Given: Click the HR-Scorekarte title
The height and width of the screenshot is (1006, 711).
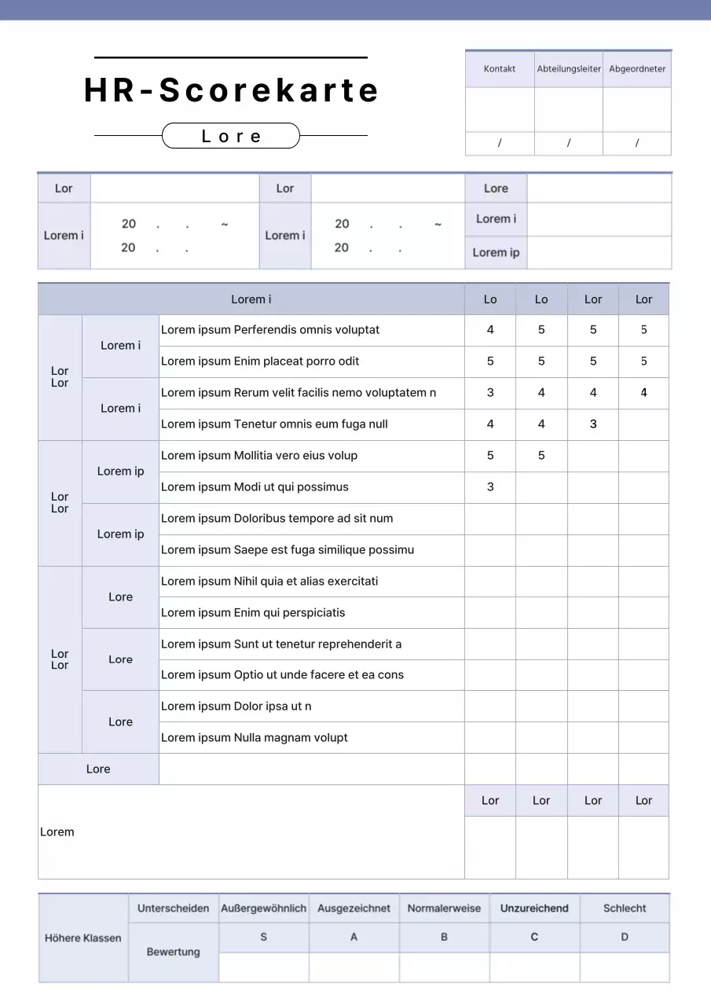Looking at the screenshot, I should click(x=231, y=90).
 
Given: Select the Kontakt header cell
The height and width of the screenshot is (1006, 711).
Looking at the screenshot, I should click(x=500, y=69).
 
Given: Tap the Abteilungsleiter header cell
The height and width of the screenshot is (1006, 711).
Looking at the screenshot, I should click(x=569, y=69).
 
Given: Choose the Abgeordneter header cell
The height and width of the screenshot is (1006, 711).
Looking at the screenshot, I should click(x=637, y=69).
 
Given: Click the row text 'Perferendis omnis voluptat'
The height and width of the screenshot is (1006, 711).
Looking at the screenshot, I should click(x=270, y=330).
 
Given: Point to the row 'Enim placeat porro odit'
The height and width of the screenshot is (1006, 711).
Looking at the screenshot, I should click(x=260, y=362).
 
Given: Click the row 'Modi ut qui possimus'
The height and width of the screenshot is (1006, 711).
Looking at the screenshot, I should click(x=255, y=487).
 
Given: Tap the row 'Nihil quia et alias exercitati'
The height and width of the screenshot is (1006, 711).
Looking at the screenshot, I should click(x=269, y=582).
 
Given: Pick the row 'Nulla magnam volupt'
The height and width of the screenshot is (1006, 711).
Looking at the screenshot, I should click(x=255, y=738).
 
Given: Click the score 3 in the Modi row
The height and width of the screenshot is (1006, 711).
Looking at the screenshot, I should click(x=490, y=487).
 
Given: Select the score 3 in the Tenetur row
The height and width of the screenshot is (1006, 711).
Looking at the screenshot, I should click(x=593, y=424).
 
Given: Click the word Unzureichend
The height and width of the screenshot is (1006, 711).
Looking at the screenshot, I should click(x=534, y=909).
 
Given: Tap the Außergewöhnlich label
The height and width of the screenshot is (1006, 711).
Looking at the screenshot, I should click(x=264, y=909).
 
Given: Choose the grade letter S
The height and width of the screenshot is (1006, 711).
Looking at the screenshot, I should click(x=264, y=938).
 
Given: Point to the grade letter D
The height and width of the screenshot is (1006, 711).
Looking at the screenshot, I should click(x=625, y=938).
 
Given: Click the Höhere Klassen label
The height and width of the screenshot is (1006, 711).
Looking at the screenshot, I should click(x=83, y=938).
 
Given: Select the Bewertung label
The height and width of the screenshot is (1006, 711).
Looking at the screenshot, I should click(x=174, y=953).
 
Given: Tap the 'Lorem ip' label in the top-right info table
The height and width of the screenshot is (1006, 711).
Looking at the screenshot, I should click(x=496, y=253).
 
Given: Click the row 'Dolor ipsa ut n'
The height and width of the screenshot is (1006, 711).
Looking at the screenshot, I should click(x=236, y=707).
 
